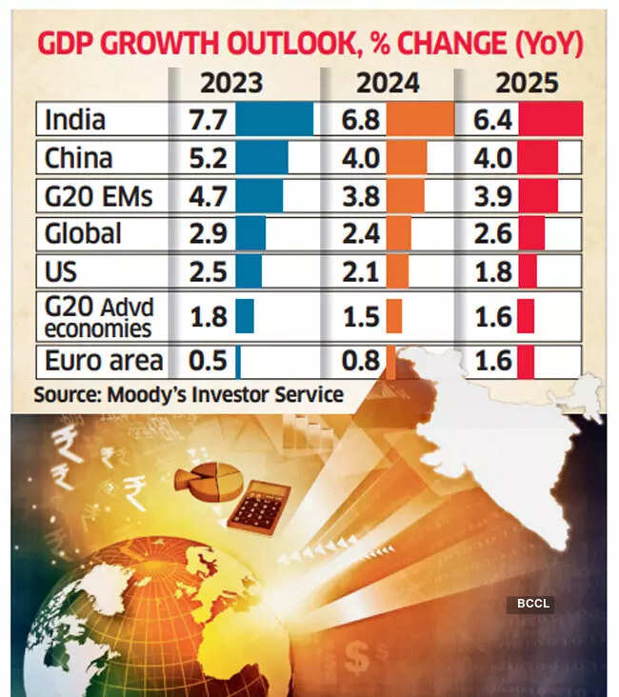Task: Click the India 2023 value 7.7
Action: click(x=203, y=121)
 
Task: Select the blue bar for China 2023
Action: click(x=261, y=158)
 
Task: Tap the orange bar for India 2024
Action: click(x=420, y=121)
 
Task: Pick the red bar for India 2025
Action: click(x=549, y=121)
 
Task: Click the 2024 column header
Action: click(x=388, y=83)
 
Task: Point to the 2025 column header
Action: click(x=527, y=83)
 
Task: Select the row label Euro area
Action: click(x=103, y=363)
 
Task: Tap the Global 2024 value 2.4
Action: click(x=363, y=234)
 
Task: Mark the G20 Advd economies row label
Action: click(x=99, y=317)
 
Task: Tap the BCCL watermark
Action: click(x=529, y=604)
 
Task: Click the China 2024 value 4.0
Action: click(x=363, y=158)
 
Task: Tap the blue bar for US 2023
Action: click(x=248, y=272)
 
